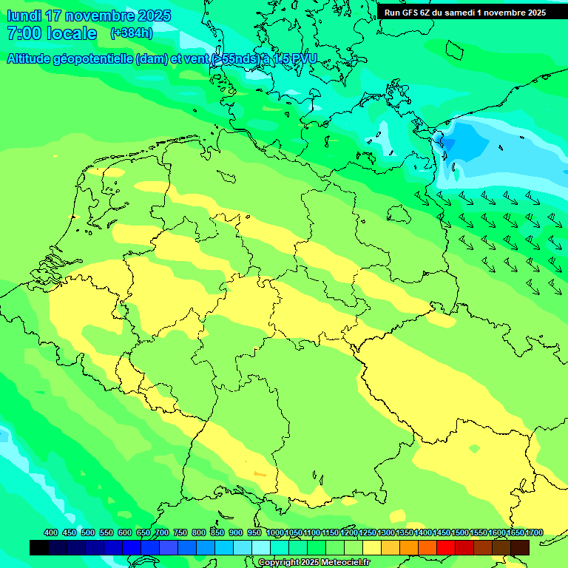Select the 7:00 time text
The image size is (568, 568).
click(x=23, y=33)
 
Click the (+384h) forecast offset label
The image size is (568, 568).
click(x=131, y=33)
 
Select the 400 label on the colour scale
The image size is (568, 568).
click(x=51, y=532)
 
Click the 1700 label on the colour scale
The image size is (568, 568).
click(x=534, y=532)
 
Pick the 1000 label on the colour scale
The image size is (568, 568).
click(x=275, y=532)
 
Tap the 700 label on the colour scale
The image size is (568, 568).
click(x=162, y=532)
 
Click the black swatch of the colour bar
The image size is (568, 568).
click(x=39, y=547)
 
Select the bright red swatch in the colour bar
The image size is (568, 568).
click(x=445, y=547)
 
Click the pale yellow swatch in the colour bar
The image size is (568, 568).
click(x=371, y=547)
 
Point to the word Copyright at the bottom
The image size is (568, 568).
click(x=279, y=563)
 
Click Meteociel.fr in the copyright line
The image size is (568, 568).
click(x=345, y=563)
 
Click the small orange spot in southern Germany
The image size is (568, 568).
click(x=260, y=473)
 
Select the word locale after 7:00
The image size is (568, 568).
click(x=72, y=33)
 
